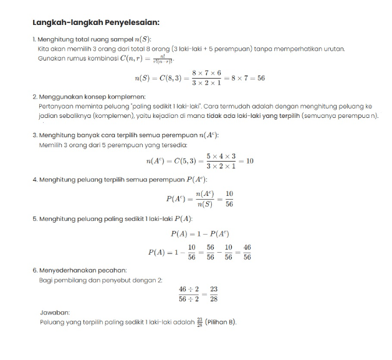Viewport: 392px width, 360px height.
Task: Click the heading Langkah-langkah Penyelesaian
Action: coord(96,22)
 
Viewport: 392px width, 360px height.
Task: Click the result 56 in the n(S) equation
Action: coord(261,78)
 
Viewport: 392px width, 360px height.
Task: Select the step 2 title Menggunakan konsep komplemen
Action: coord(92,97)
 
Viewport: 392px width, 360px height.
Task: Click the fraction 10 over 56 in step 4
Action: coord(229,198)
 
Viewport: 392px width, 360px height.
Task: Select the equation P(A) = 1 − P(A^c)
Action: coord(200,234)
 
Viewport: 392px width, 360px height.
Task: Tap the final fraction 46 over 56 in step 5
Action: coord(247,252)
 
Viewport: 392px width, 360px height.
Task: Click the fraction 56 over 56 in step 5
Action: coord(210,252)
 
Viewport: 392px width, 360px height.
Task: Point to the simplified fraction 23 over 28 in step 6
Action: coord(214,294)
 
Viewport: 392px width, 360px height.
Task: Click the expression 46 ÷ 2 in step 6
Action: coord(188,289)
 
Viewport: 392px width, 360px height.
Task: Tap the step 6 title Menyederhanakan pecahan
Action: coord(82,270)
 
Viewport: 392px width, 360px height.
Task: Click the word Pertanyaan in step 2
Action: coord(54,107)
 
